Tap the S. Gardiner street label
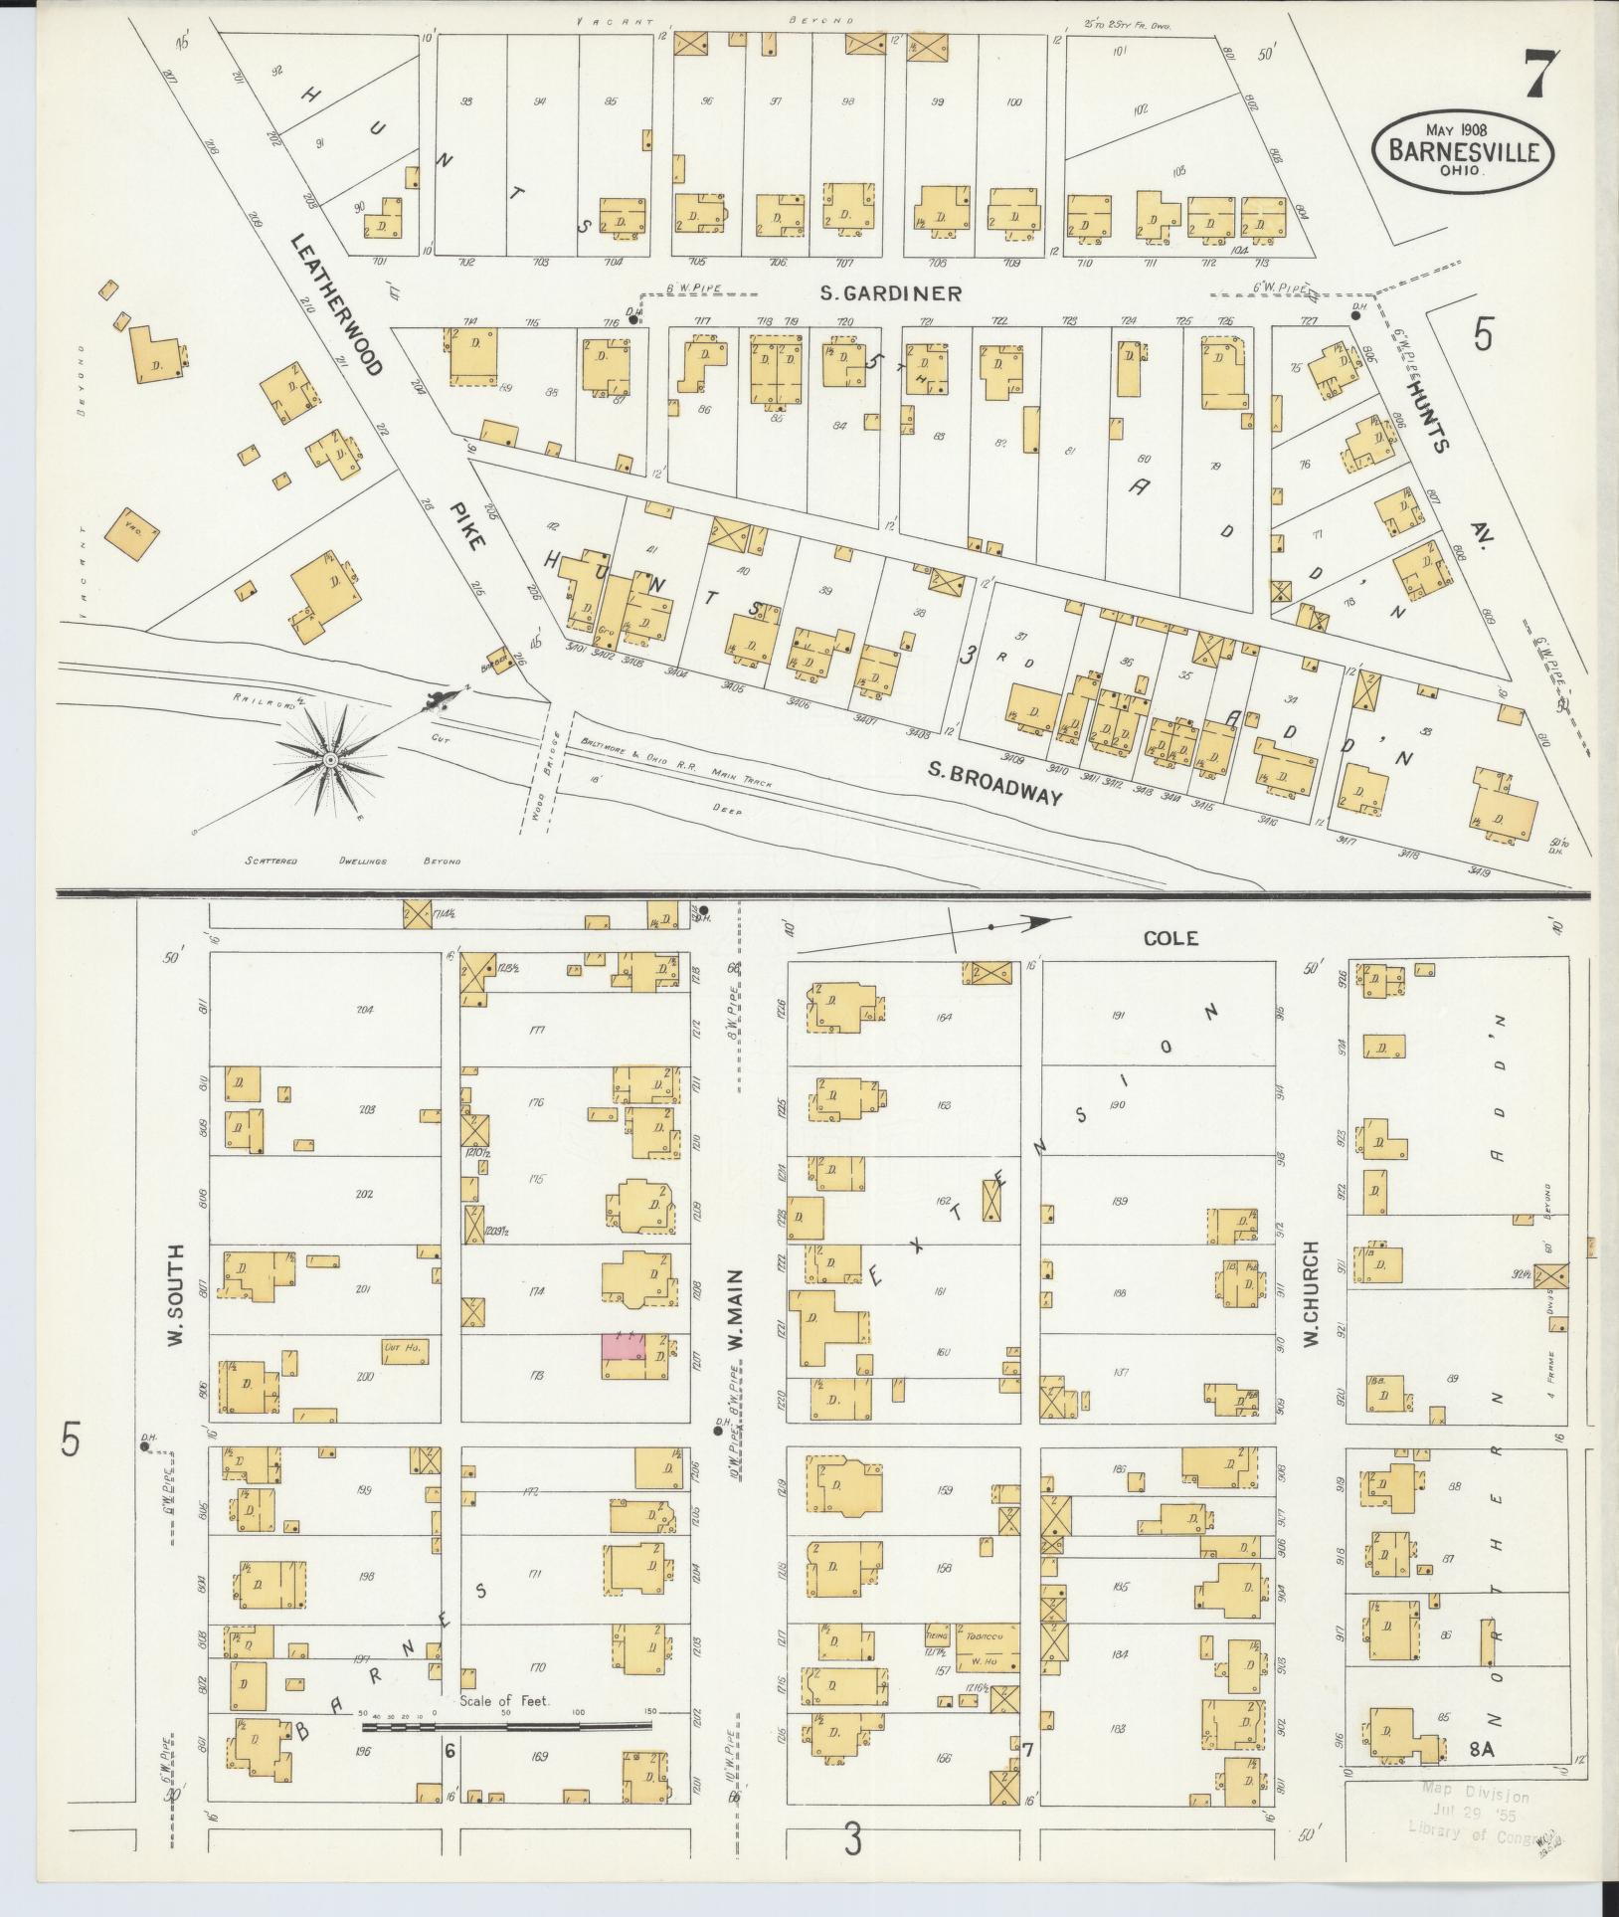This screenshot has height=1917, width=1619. pyautogui.click(x=891, y=293)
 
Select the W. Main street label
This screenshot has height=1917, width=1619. pyautogui.click(x=737, y=1308)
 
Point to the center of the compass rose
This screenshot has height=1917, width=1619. pyautogui.click(x=329, y=760)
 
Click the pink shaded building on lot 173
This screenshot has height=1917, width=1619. pyautogui.click(x=623, y=1347)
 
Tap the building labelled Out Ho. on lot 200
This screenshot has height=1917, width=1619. pyautogui.click(x=404, y=1351)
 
